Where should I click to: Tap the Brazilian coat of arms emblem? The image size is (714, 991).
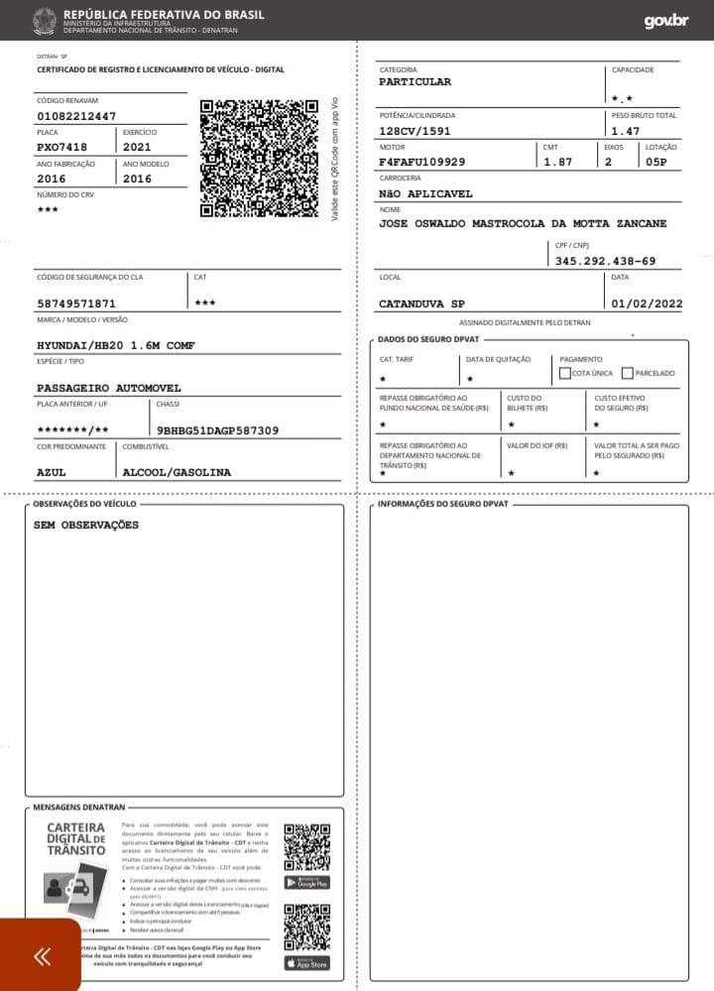point(45,20)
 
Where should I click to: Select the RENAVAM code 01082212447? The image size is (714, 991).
point(76,116)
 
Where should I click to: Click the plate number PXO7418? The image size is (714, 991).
point(61,147)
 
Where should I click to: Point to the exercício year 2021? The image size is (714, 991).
point(137,147)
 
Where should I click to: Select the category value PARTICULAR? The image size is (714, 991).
point(415,82)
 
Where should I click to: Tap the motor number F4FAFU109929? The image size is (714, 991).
point(422,162)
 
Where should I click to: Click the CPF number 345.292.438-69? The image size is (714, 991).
point(605,261)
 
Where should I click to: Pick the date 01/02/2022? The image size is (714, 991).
point(647,304)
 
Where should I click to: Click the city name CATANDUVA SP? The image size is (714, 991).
point(421,304)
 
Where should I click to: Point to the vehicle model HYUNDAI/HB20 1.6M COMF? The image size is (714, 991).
point(116,345)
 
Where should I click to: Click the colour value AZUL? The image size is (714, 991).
point(52,472)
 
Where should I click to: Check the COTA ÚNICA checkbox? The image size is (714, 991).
point(565,373)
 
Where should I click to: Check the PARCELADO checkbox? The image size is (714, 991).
point(627,373)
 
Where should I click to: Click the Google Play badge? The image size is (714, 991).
point(306,883)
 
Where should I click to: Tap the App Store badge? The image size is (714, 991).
point(306,962)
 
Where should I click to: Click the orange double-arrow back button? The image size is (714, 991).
point(41,956)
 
